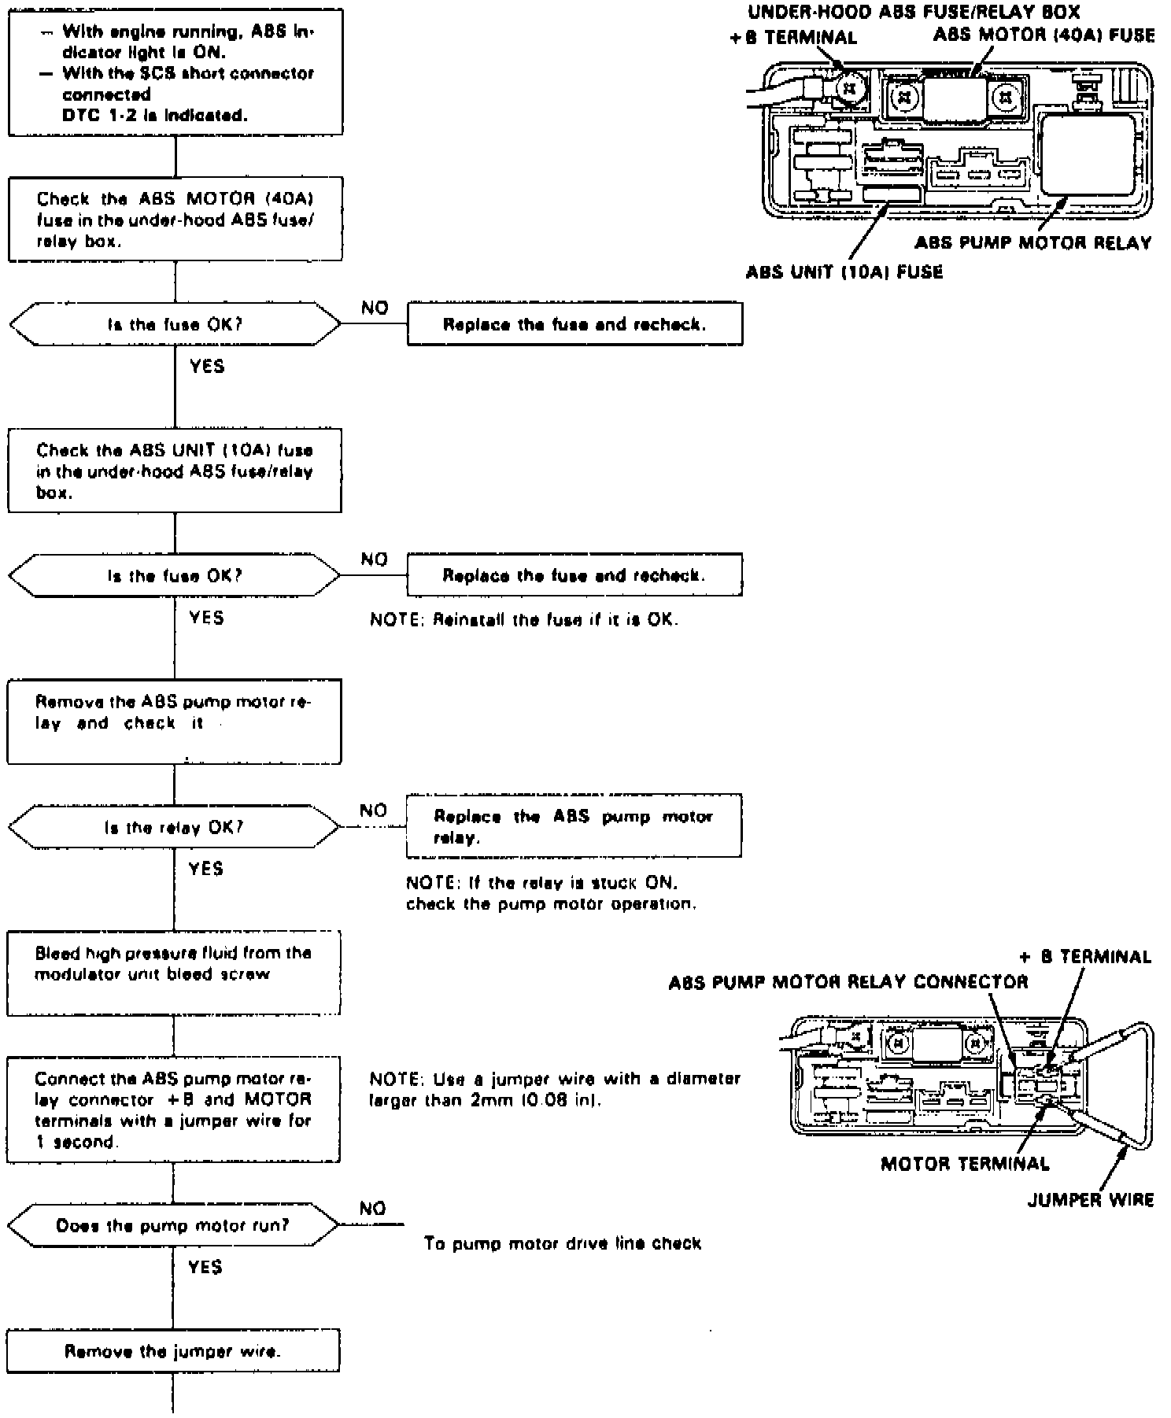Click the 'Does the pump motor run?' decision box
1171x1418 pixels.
click(173, 1225)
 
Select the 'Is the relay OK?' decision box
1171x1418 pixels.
click(174, 827)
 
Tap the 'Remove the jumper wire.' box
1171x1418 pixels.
click(173, 1351)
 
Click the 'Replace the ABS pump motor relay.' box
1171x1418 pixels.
click(573, 826)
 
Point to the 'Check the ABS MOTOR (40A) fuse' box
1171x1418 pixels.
click(175, 220)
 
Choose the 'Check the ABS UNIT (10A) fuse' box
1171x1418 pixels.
click(175, 471)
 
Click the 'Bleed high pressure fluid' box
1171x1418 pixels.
click(174, 973)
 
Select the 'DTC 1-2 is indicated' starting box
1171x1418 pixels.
click(175, 72)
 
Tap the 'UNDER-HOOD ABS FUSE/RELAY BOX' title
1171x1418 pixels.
click(913, 12)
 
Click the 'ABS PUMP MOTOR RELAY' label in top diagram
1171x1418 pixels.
click(1032, 242)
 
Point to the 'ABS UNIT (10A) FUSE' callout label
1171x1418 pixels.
click(844, 272)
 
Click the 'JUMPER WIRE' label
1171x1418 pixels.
click(1091, 1200)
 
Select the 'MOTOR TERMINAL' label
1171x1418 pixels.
click(965, 1164)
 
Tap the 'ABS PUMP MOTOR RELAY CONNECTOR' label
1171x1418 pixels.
click(848, 982)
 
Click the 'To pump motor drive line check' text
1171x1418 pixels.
click(562, 1243)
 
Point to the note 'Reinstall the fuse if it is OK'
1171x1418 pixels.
click(524, 619)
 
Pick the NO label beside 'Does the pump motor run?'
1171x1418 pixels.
click(373, 1208)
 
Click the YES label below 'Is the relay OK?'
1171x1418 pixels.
click(206, 868)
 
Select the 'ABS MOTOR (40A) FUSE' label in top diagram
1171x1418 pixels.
click(1044, 35)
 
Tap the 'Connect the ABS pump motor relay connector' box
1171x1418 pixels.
click(174, 1110)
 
